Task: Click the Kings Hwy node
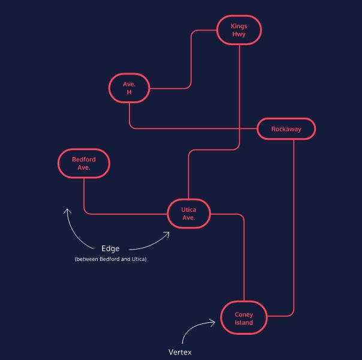coord(239,30)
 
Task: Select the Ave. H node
coord(129,88)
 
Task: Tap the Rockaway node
coord(286,129)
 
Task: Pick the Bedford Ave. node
coord(84,163)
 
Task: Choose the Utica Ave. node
coord(189,213)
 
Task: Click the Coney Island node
coord(244,318)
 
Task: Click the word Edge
coord(110,248)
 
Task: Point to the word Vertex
coord(180,352)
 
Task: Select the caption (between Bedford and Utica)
coord(111,259)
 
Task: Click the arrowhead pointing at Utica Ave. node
coord(167,233)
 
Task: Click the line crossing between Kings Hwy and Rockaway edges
coord(240,128)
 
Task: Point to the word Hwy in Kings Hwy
coord(239,34)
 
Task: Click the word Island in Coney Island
coord(244,323)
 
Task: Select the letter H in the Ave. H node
coord(129,92)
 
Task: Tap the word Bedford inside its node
coord(84,160)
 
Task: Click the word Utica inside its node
coord(189,209)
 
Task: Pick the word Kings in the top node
coord(239,26)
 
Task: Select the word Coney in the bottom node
coord(244,314)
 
